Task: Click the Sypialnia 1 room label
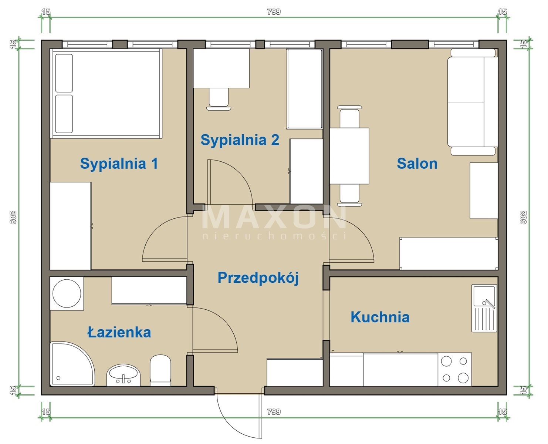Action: [x=119, y=164]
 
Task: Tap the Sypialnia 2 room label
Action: [x=240, y=140]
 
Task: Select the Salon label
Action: [x=417, y=164]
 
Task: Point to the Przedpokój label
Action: [x=258, y=278]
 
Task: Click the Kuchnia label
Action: [x=380, y=317]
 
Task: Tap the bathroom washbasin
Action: [x=123, y=375]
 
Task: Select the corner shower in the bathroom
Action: [x=72, y=364]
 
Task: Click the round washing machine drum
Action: [x=67, y=293]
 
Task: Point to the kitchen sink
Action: [x=484, y=308]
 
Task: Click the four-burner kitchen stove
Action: [x=454, y=370]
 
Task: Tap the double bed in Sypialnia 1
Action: [x=106, y=94]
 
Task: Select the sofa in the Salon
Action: [x=473, y=102]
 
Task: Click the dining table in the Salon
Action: [x=349, y=156]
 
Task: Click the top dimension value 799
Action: [x=274, y=11]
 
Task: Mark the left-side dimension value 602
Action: [x=13, y=218]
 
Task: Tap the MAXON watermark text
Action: [x=274, y=217]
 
